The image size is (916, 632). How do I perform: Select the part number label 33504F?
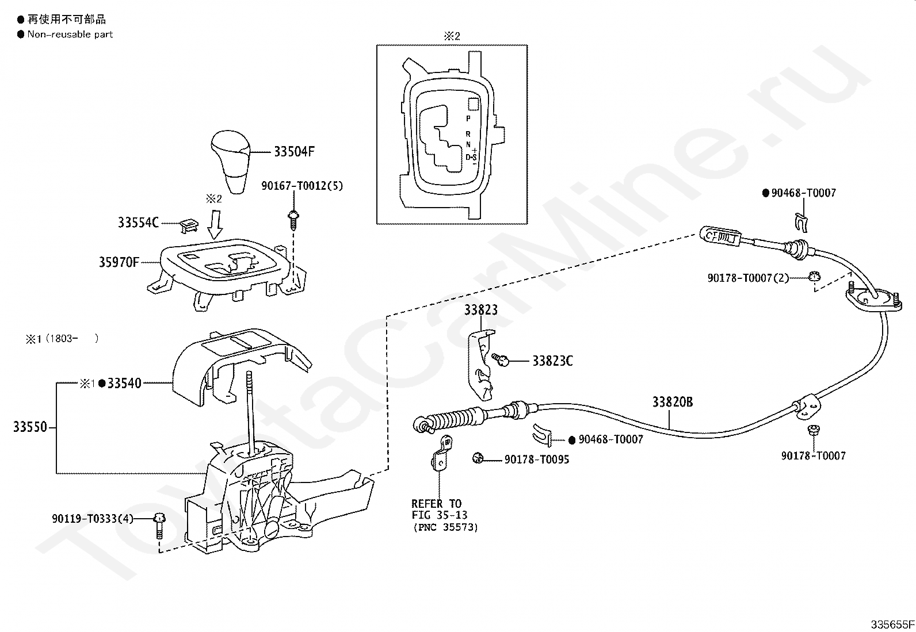coord(294,152)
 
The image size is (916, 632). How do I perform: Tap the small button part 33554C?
coord(189,225)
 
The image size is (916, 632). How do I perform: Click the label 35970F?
coord(119,262)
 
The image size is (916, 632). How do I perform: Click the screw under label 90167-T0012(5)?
coord(293,220)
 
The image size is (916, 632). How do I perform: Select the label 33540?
coord(124,384)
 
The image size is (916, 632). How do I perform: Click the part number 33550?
coord(30,427)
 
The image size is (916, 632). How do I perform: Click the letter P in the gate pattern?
coord(468,118)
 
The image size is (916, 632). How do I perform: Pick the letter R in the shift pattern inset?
coord(468,134)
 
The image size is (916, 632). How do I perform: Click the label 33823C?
coord(552,361)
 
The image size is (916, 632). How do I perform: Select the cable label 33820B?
coord(673,402)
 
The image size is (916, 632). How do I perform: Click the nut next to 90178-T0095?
coord(478,458)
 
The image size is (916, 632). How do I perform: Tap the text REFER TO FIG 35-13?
coord(440,510)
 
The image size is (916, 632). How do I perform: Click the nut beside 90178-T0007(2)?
coord(814,277)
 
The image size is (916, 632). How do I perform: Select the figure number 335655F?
coord(892,625)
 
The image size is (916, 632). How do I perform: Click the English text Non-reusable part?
coord(70,35)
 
